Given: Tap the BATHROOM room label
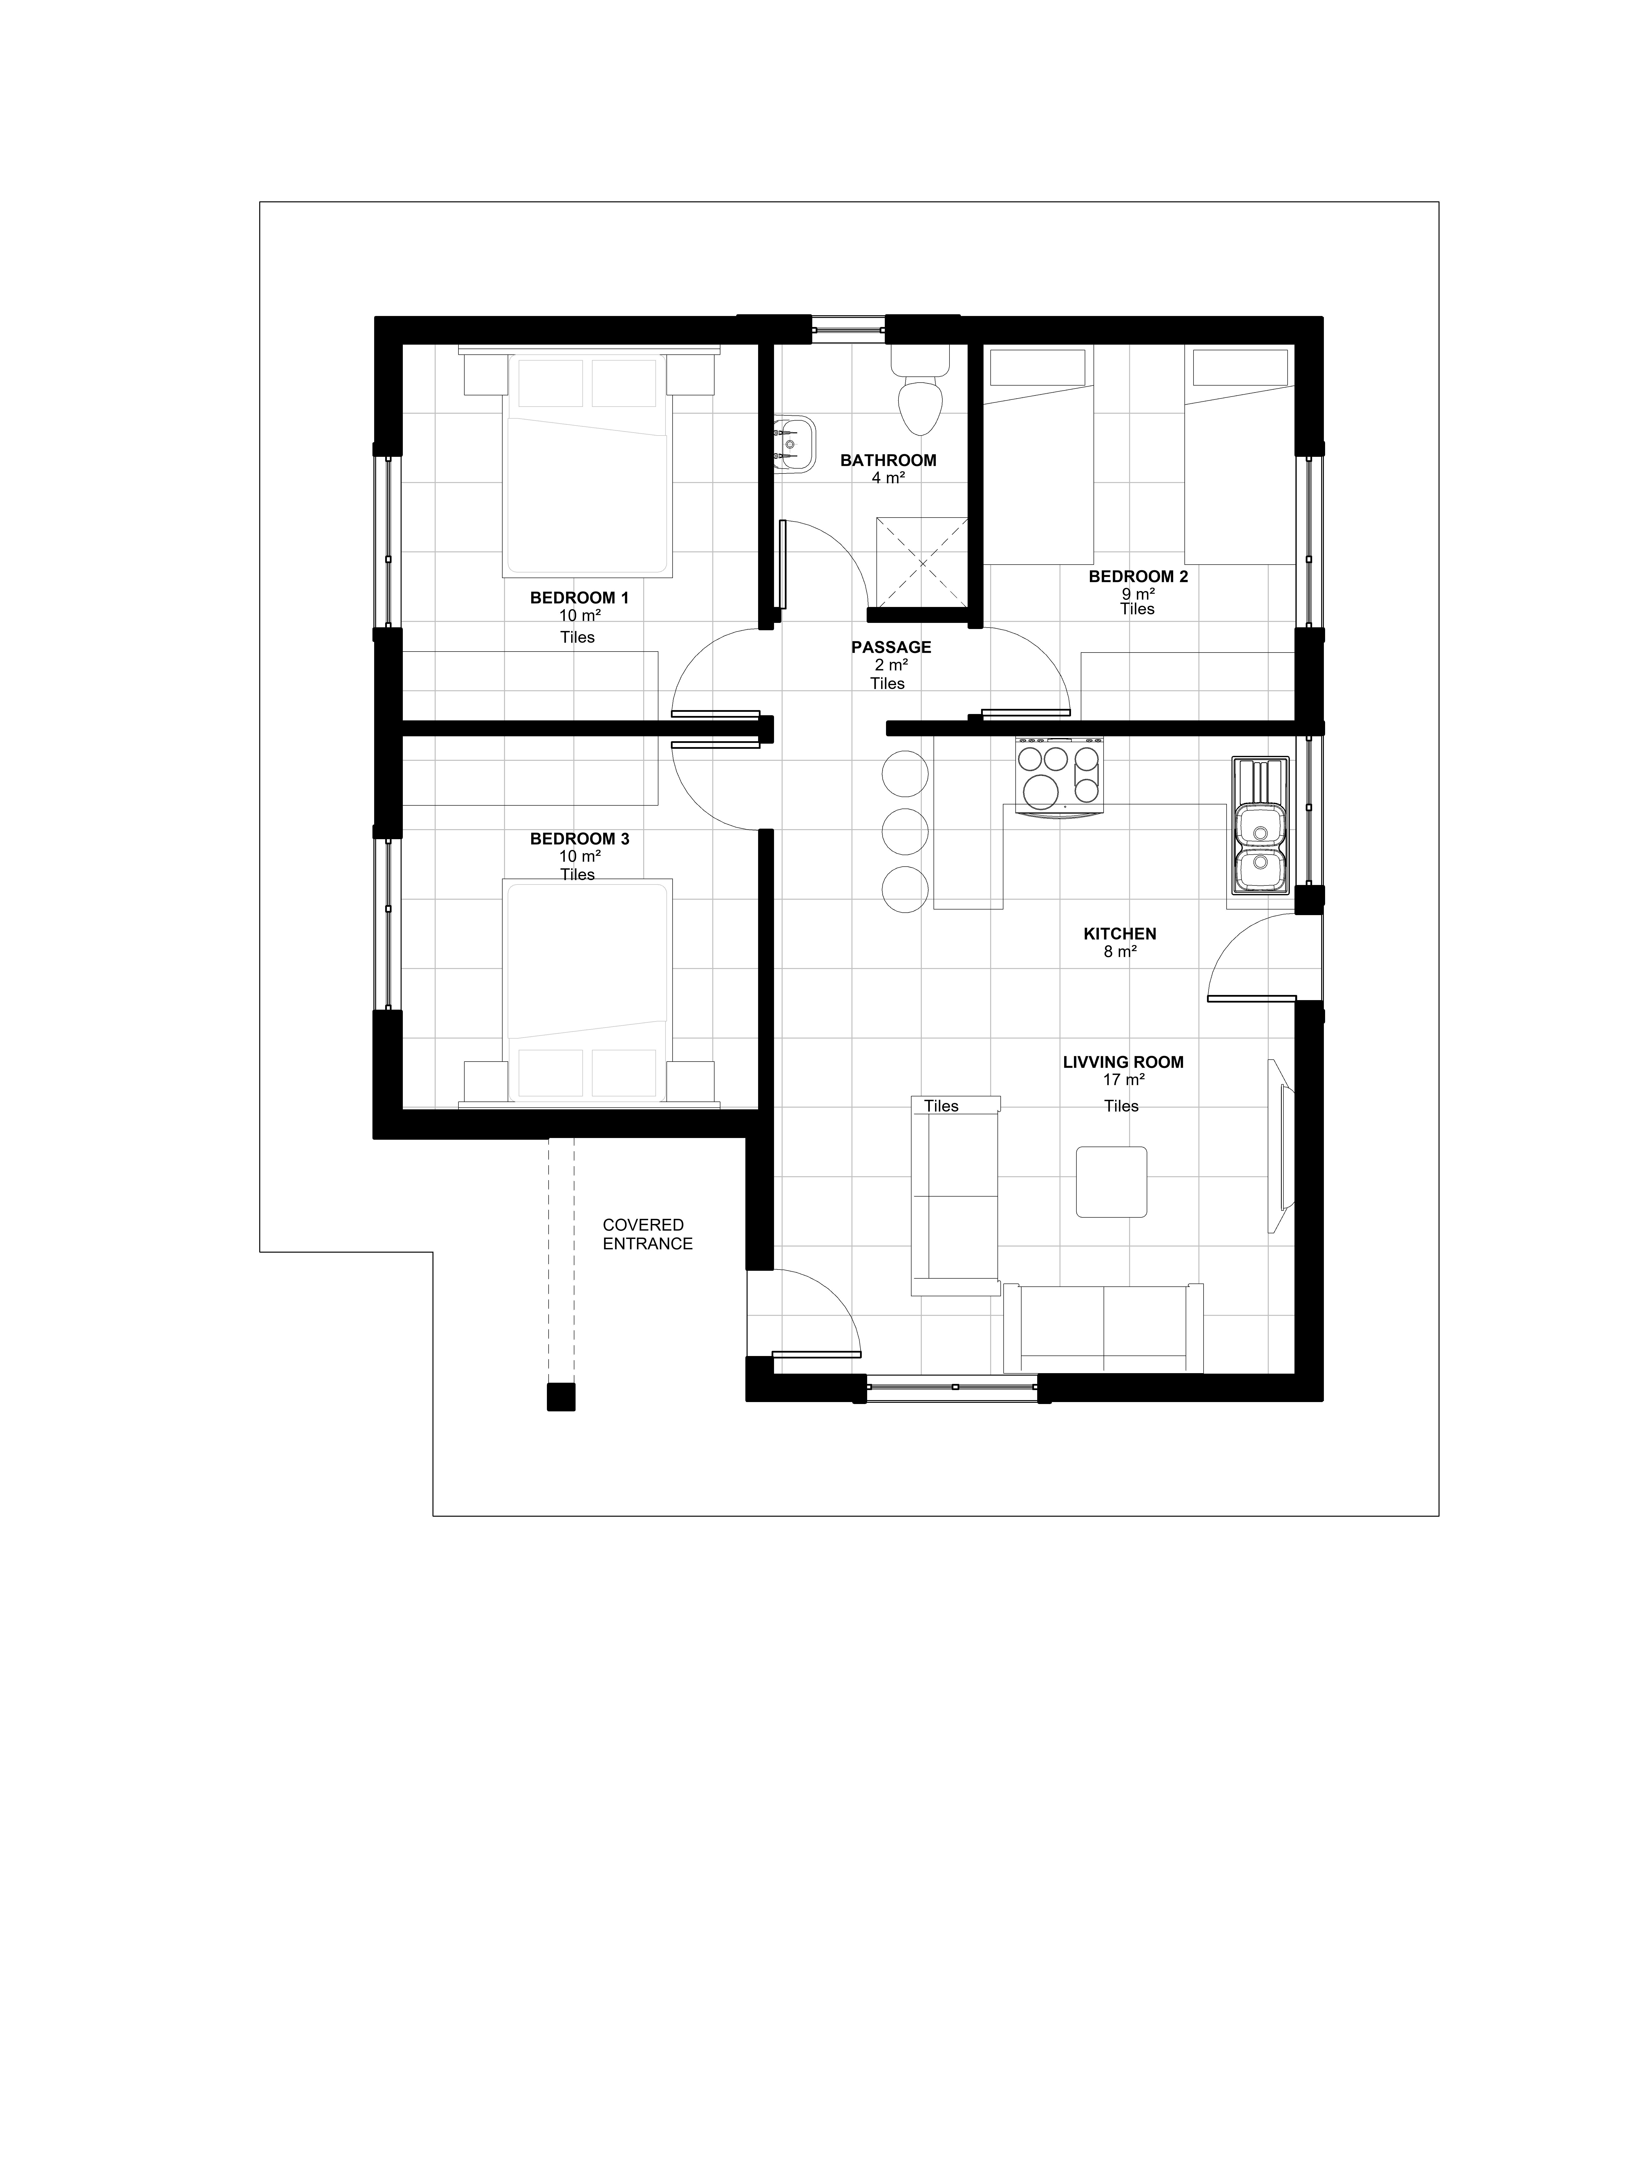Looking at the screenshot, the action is pyautogui.click(x=888, y=460).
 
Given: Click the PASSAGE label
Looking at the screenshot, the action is pyautogui.click(x=891, y=647).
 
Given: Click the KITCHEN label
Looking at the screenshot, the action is pyautogui.click(x=1120, y=933).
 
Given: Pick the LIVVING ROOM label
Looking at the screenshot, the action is pyautogui.click(x=1123, y=1062).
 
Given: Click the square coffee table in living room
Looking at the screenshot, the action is pyautogui.click(x=1112, y=1182).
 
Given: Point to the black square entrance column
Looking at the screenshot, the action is pyautogui.click(x=561, y=1397).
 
